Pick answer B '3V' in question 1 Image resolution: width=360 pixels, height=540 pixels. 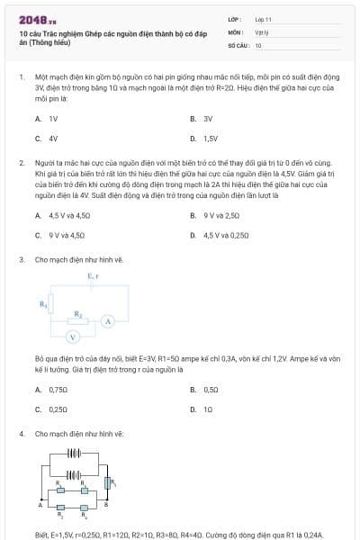[x=207, y=118]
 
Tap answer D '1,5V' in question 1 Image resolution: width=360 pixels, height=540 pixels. [x=211, y=139]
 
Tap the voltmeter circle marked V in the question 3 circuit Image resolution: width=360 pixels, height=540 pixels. [x=76, y=337]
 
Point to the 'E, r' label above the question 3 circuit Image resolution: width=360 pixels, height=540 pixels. [x=93, y=276]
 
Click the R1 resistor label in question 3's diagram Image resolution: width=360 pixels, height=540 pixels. [x=43, y=304]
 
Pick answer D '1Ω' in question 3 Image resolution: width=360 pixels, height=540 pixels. [x=208, y=409]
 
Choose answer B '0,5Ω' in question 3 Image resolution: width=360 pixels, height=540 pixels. [x=211, y=389]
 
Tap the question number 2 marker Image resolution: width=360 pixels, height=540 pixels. [x=21, y=163]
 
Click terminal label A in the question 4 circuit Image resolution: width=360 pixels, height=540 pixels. [x=40, y=505]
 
